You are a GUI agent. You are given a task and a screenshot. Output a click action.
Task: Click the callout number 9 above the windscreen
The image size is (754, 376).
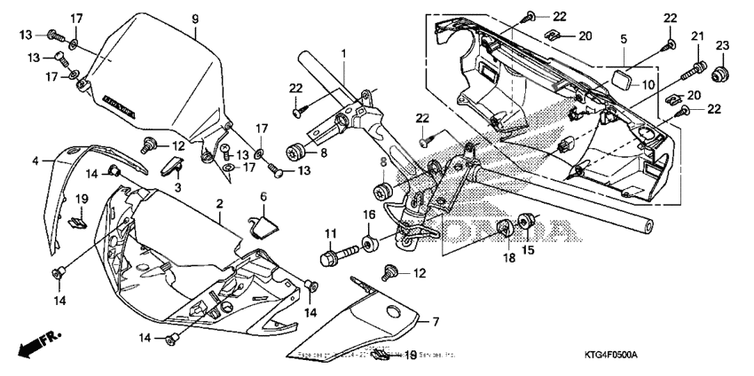click(x=195, y=19)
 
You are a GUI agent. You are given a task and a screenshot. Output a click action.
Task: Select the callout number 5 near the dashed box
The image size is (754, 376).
click(x=624, y=39)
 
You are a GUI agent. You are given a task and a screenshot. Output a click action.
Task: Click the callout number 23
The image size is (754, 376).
click(x=721, y=44)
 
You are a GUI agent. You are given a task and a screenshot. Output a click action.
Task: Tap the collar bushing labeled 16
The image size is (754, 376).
click(x=366, y=241)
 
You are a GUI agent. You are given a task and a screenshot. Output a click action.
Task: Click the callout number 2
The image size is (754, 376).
click(x=219, y=204)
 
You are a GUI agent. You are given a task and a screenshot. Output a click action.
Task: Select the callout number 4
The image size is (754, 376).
click(x=35, y=161)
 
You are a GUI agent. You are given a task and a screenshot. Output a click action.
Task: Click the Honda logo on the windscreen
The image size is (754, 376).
click(x=120, y=106)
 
